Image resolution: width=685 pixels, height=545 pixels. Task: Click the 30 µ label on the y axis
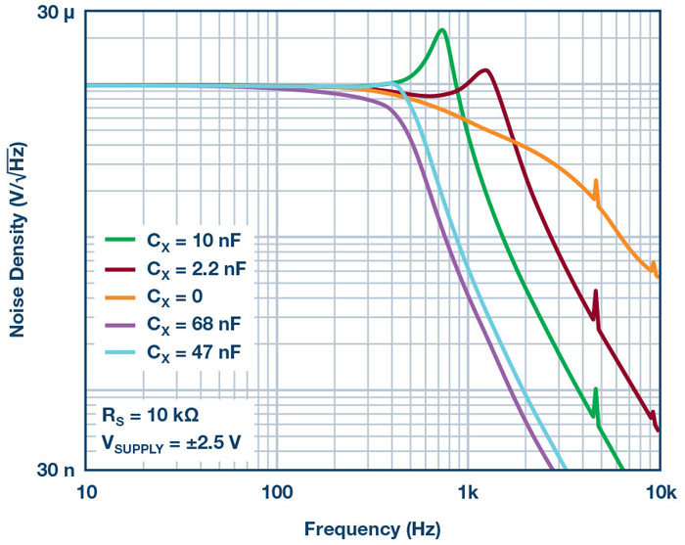pyautogui.click(x=56, y=13)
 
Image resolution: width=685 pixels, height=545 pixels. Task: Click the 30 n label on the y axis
pyautogui.click(x=56, y=470)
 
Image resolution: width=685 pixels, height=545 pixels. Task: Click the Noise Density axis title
pyautogui.click(x=18, y=241)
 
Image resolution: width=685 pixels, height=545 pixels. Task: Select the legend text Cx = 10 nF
pyautogui.click(x=190, y=239)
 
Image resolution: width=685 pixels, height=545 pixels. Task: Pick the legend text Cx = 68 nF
pyautogui.click(x=190, y=322)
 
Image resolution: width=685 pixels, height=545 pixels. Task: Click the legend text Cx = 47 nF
pyautogui.click(x=190, y=350)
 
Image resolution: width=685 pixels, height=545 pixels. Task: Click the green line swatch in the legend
pyautogui.click(x=121, y=239)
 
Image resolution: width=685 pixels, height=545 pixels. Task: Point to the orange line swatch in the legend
pyautogui.click(x=121, y=295)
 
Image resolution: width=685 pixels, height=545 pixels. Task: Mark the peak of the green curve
pyautogui.click(x=442, y=30)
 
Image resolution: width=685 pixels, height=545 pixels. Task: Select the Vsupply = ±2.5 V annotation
pyautogui.click(x=171, y=442)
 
